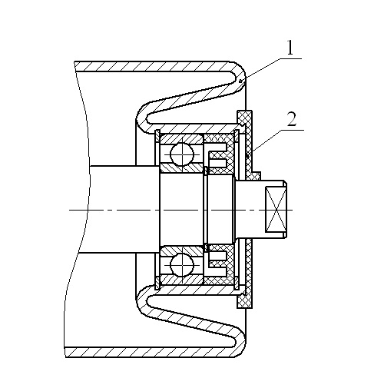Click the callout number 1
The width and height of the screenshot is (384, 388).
290,48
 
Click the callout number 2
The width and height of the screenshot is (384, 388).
292,119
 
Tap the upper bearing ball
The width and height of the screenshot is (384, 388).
182,154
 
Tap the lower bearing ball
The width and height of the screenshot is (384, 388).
182,265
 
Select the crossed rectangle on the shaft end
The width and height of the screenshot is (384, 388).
276,210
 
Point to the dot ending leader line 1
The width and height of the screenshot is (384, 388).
240,81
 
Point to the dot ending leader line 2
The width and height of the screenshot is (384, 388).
247,155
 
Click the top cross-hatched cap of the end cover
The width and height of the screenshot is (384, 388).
244,118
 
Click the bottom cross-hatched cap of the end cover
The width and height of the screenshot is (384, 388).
245,301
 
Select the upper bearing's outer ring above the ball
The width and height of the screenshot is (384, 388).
181,138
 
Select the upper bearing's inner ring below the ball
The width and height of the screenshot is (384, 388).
181,168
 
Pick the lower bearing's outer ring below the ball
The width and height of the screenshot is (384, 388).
181,280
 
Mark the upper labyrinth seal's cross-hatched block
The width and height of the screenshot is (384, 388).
219,153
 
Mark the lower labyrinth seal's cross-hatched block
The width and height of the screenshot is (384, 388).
219,265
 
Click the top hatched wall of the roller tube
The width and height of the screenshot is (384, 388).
154,67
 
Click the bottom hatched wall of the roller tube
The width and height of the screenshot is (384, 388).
151,352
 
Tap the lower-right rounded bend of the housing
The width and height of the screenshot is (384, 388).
239,342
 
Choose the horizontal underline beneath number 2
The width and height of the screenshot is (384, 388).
292,130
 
